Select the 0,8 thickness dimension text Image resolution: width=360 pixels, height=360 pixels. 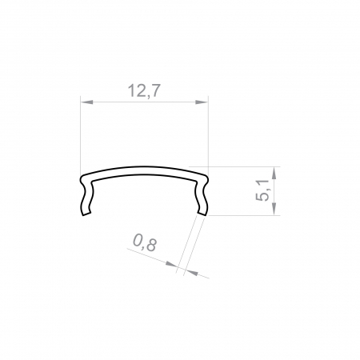(x=144, y=243)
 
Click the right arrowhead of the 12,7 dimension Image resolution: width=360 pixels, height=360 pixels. (x=203, y=102)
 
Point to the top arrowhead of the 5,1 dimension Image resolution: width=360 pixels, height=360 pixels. (x=274, y=170)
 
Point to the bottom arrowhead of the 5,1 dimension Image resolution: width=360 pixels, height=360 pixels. (x=274, y=210)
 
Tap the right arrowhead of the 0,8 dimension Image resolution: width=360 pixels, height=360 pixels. (x=190, y=272)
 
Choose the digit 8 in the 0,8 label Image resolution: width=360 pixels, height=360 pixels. (x=151, y=245)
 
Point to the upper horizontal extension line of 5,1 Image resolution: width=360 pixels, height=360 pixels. (x=240, y=166)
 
